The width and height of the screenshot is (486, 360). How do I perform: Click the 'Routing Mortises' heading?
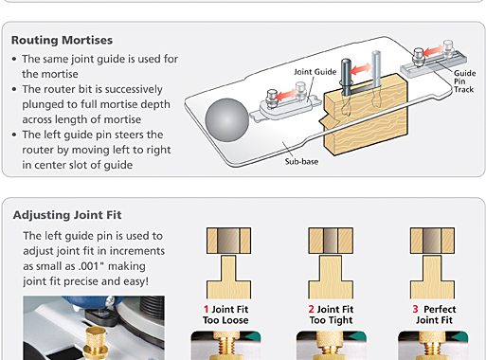[62, 40]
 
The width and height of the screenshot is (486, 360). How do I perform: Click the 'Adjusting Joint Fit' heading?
[67, 215]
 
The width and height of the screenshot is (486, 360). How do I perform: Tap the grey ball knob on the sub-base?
[226, 120]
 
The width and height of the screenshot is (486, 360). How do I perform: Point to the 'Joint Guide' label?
[315, 72]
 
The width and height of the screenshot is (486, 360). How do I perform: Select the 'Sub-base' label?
[301, 161]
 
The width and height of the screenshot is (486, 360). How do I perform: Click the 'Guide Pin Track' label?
[464, 81]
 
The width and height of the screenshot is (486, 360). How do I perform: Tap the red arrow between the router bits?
[361, 69]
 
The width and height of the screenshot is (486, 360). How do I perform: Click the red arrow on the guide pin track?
[433, 50]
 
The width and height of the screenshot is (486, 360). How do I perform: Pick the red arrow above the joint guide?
[287, 94]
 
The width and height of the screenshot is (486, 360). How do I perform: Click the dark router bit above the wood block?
[346, 77]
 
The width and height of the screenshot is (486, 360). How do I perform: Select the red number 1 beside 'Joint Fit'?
[206, 309]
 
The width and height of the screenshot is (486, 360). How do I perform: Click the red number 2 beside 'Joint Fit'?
[311, 309]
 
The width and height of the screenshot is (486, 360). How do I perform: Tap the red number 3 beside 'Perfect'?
[415, 309]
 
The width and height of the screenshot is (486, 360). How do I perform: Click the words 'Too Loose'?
[225, 320]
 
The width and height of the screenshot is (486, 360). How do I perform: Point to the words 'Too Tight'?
[331, 320]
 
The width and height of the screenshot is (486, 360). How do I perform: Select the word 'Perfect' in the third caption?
[440, 309]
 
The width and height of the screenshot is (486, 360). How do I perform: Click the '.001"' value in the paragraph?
[90, 266]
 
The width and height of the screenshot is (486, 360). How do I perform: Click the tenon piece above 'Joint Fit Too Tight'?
[331, 277]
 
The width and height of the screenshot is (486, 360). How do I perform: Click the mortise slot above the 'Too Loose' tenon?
[228, 241]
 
